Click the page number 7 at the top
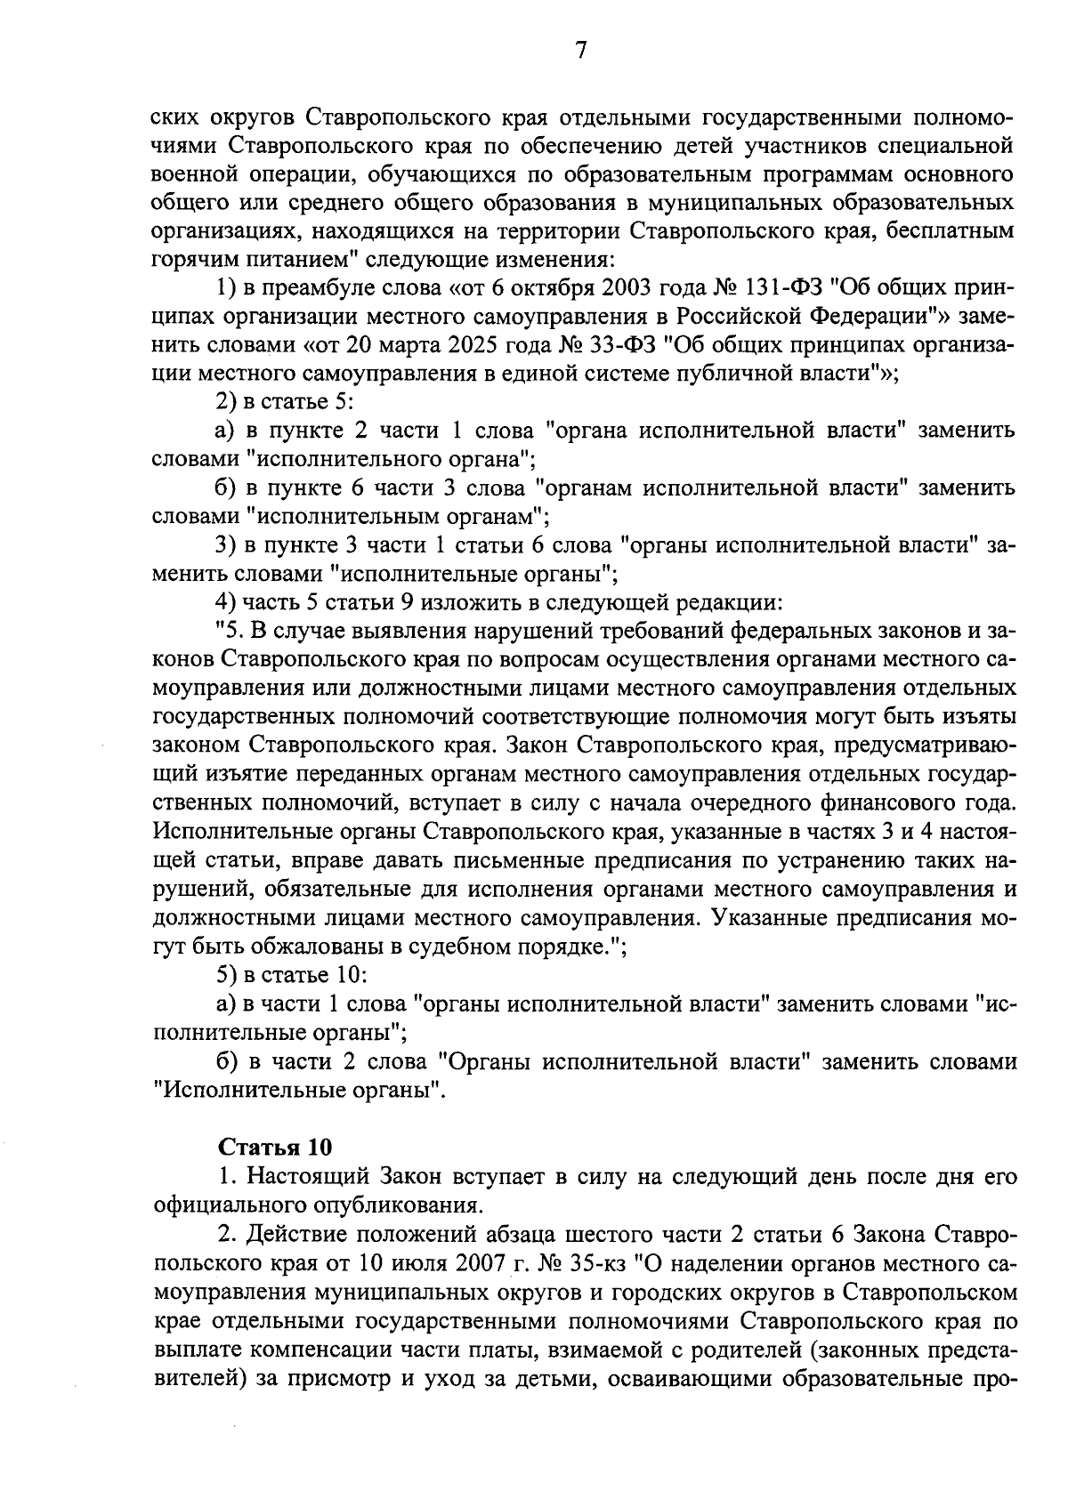click(x=579, y=52)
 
